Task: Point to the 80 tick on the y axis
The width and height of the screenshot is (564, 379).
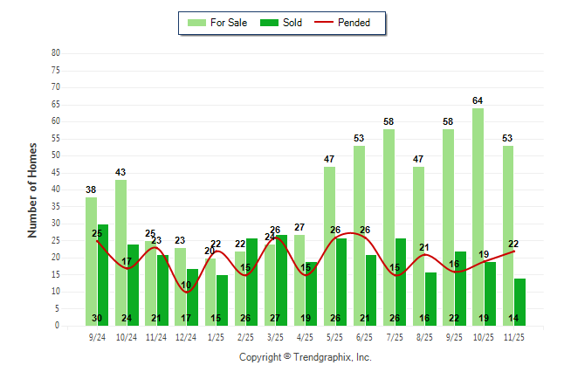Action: click(56, 52)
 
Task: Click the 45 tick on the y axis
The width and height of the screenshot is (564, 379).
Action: click(56, 172)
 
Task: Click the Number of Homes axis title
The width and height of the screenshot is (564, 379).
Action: click(32, 189)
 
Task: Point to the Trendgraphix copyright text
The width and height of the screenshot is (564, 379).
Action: click(306, 357)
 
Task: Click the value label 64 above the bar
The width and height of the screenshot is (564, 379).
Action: click(478, 101)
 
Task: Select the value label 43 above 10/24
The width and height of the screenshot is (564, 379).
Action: click(120, 173)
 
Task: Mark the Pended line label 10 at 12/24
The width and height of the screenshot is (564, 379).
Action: click(186, 286)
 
